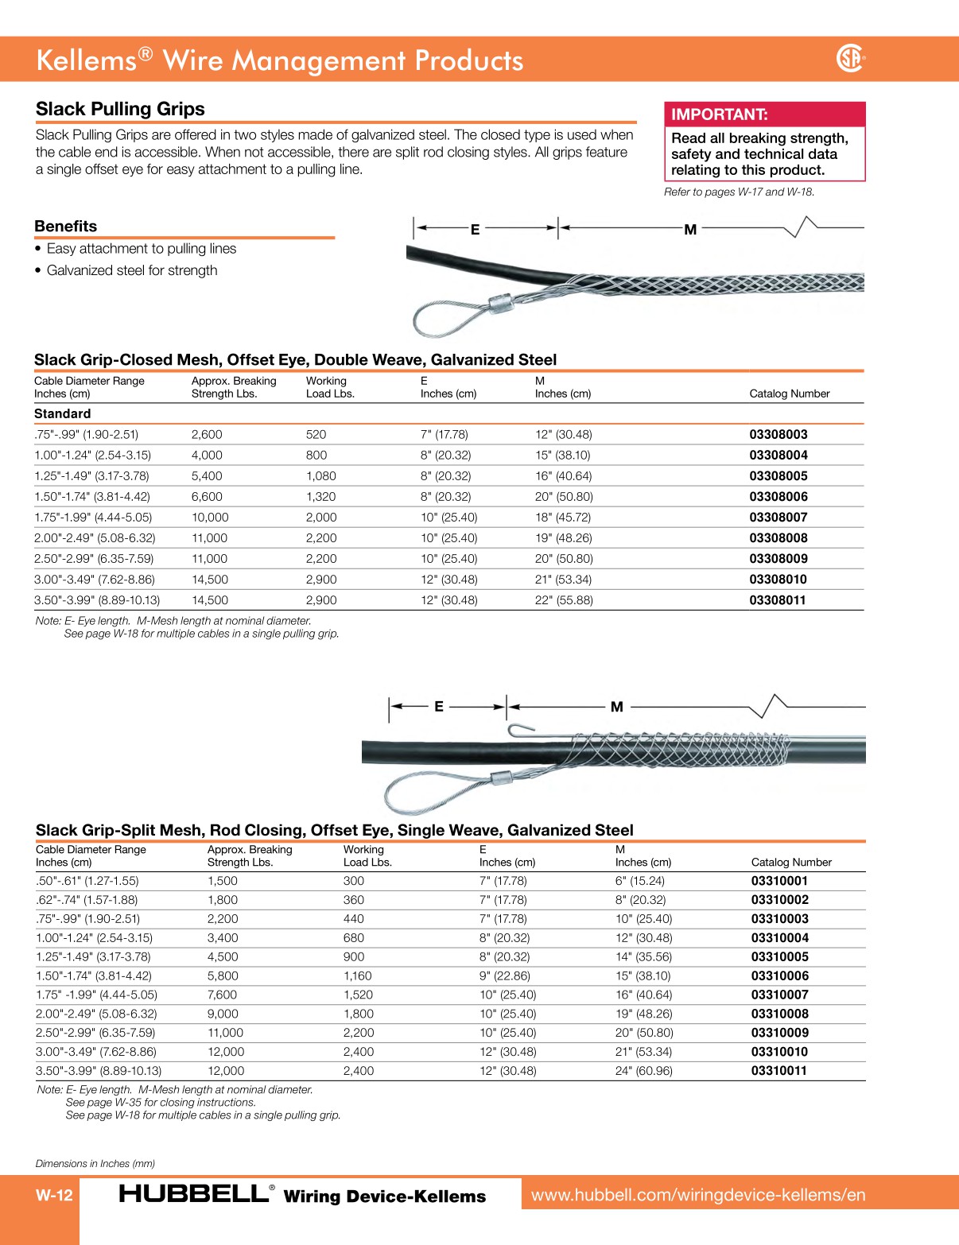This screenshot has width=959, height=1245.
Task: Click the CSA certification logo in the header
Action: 850,58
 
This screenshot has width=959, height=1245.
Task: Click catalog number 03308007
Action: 778,518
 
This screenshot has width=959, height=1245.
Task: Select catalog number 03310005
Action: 780,957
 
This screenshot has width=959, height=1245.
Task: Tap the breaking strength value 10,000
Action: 210,518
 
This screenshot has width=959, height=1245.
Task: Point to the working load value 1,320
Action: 321,497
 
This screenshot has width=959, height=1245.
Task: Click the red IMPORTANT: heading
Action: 720,114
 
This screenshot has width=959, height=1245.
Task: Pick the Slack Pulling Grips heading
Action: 120,109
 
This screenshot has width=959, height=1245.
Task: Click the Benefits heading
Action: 66,227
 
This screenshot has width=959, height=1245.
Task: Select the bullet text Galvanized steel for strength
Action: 132,270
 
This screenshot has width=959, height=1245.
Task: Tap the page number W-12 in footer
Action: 54,1196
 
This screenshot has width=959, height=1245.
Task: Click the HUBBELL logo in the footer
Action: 195,1194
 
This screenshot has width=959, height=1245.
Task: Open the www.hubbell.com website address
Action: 698,1195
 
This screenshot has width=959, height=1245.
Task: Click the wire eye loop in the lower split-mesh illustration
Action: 421,793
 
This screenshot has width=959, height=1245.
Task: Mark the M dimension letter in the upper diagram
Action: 690,230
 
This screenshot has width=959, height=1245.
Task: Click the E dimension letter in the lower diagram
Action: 438,706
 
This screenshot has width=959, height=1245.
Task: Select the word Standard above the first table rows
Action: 63,414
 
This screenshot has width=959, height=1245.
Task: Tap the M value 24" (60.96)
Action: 644,1071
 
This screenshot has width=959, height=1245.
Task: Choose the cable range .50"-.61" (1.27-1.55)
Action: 87,881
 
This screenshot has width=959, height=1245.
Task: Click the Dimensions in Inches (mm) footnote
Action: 95,1164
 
